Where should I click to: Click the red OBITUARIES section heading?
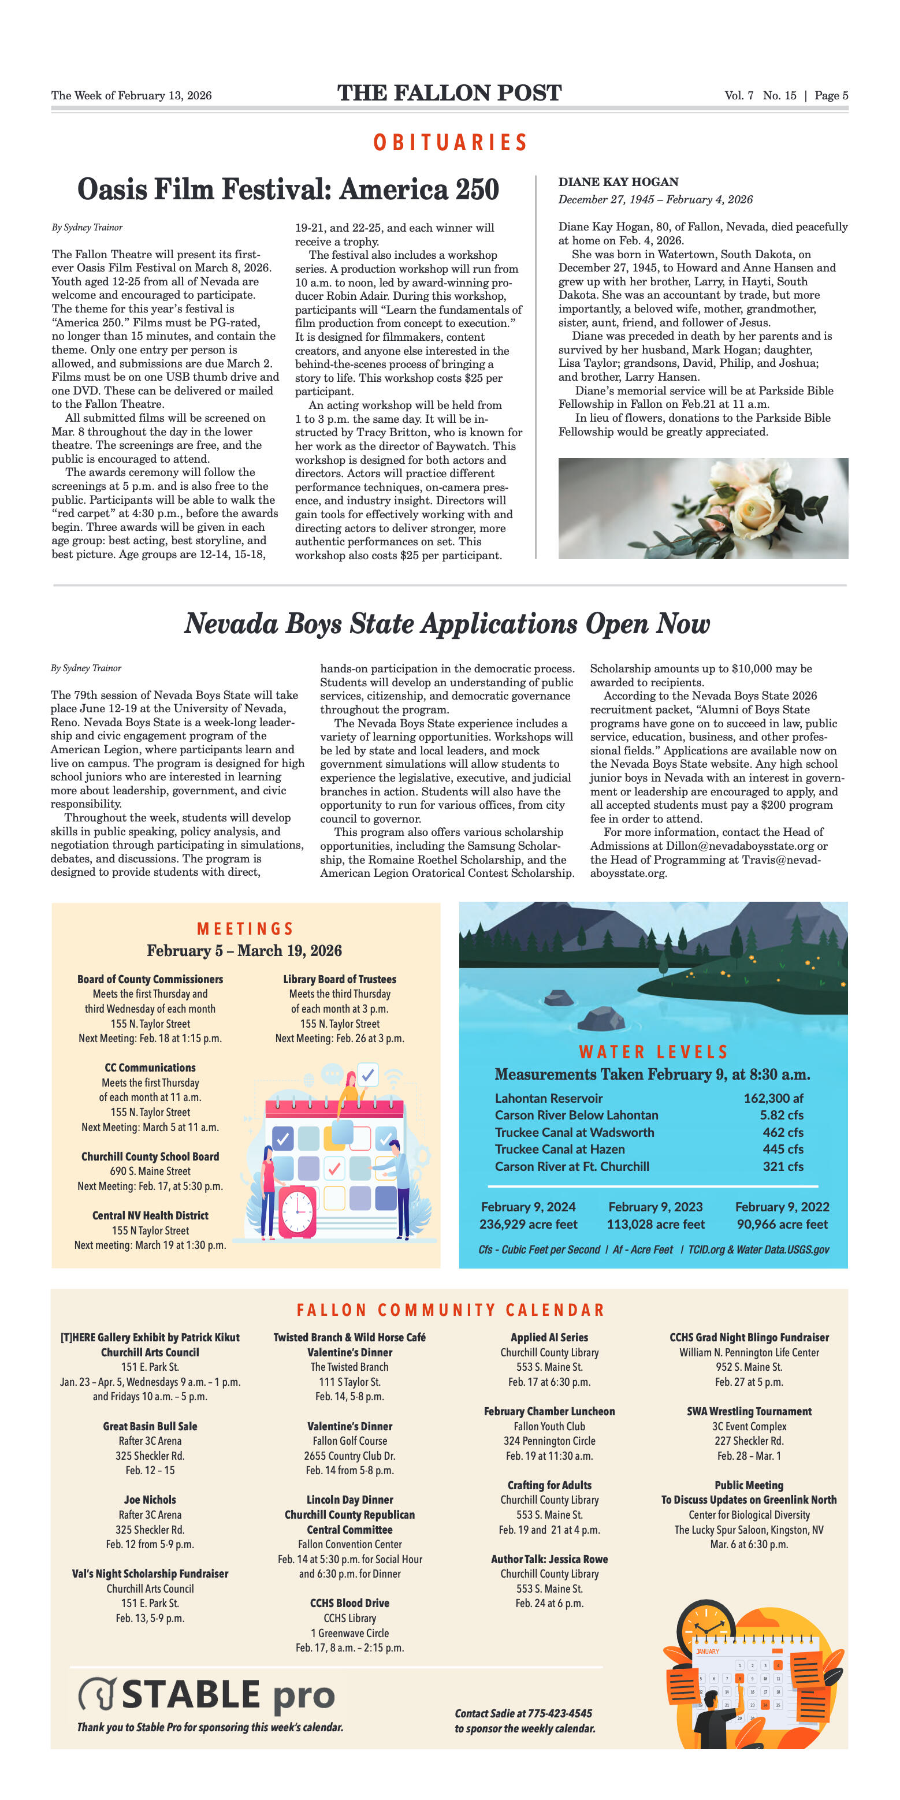click(x=450, y=143)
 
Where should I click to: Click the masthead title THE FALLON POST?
click(x=449, y=93)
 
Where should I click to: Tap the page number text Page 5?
click(x=831, y=96)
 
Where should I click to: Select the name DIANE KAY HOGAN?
click(x=618, y=182)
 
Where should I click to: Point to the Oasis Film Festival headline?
click(x=288, y=189)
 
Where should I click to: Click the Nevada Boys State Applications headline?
click(x=447, y=623)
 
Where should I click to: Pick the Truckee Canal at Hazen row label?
click(x=559, y=1149)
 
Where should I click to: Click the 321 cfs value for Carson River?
click(x=783, y=1166)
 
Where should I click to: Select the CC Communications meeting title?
click(x=150, y=1068)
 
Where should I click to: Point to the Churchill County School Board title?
click(x=150, y=1156)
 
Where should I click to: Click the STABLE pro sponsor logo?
click(x=206, y=1695)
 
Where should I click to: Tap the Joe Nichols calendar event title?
click(x=150, y=1500)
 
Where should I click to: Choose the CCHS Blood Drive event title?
click(x=349, y=1603)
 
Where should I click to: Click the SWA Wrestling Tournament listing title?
click(x=749, y=1411)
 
